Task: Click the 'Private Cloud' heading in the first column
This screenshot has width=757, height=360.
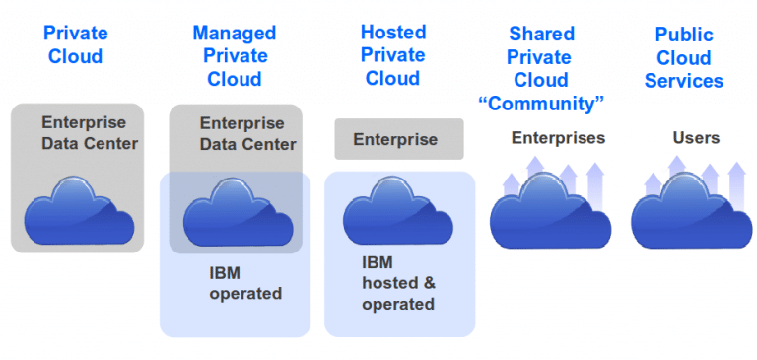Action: pos(75,45)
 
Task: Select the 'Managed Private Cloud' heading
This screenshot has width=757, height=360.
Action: pos(234,56)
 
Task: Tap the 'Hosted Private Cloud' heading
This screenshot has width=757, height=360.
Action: pos(393,56)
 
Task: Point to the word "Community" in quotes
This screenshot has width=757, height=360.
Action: pos(540,103)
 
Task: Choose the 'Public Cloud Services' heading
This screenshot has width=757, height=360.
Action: pos(684,56)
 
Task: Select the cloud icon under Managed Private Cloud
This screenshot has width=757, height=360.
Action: pos(237,210)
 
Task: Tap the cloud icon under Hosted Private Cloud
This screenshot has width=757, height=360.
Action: pos(396,211)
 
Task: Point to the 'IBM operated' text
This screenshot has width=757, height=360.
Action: pos(245,283)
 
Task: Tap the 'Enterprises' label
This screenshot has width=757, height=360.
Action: pos(558,138)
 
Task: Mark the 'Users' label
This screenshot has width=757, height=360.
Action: pos(696,138)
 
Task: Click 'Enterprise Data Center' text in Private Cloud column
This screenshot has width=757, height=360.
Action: pos(90,133)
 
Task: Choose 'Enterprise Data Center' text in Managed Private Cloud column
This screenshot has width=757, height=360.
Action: pos(247,134)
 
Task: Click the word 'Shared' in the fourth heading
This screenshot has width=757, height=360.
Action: pos(540,35)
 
